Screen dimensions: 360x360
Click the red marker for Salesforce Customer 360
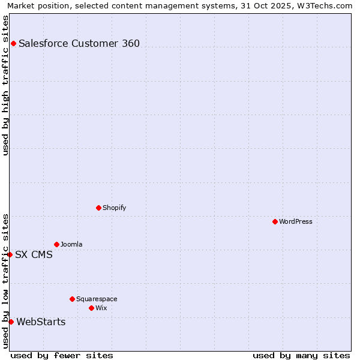pyautogui.click(x=13, y=43)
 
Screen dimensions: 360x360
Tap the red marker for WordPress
pyautogui.click(x=275, y=221)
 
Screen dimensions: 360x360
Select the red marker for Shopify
pyautogui.click(x=98, y=208)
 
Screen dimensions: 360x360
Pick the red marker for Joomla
pyautogui.click(x=56, y=244)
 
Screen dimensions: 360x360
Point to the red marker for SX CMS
pyautogui.click(x=10, y=254)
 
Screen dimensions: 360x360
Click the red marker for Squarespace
pyautogui.click(x=72, y=299)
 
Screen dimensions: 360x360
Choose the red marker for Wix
pyautogui.click(x=91, y=308)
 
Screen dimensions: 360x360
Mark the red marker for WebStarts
pyautogui.click(x=11, y=322)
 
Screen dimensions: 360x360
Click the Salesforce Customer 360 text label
pyautogui.click(x=79, y=43)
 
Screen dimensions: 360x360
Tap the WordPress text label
pyautogui.click(x=296, y=221)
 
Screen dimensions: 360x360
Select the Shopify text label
pyautogui.click(x=115, y=208)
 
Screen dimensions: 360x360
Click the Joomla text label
pyautogui.click(x=71, y=244)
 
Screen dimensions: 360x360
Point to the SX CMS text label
pyautogui.click(x=34, y=254)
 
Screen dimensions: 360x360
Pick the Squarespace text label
pyautogui.click(x=97, y=299)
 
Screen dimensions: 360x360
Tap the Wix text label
pyautogui.click(x=101, y=308)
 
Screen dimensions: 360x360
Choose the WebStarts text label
pyautogui.click(x=41, y=322)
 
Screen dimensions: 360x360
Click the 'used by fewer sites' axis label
pyautogui.click(x=62, y=355)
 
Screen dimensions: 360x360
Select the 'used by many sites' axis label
pyautogui.click(x=301, y=355)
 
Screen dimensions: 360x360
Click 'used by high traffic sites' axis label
pyautogui.click(x=5, y=85)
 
